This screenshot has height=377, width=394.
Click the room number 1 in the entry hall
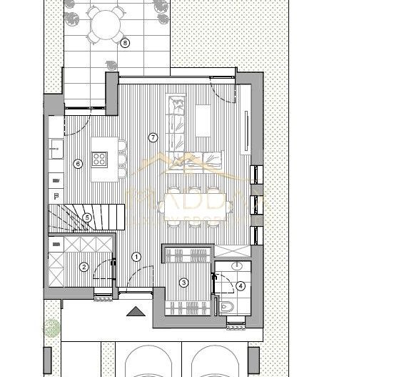(x=137, y=257)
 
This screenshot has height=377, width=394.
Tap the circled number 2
(x=84, y=268)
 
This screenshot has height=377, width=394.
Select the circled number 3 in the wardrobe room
(x=183, y=283)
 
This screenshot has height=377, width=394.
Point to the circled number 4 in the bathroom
(x=241, y=286)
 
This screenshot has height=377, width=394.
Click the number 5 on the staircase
(x=86, y=218)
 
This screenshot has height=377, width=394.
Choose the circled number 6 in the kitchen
(x=78, y=164)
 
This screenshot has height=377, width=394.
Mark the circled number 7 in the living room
(x=151, y=137)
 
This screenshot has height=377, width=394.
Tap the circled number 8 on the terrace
(x=126, y=42)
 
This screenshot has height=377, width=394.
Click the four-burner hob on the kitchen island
(x=99, y=159)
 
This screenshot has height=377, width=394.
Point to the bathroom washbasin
(x=239, y=269)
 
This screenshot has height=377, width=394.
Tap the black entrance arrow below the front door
(x=134, y=311)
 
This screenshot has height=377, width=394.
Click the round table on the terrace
(x=106, y=26)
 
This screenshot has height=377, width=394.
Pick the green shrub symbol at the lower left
(x=51, y=328)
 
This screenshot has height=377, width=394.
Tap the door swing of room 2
(x=105, y=273)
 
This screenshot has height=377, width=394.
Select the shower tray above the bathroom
(x=232, y=253)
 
